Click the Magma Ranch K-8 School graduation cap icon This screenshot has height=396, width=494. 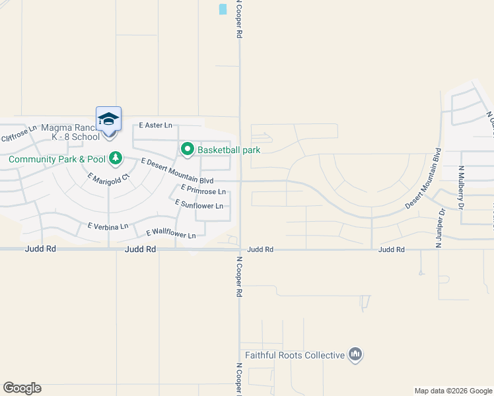108,119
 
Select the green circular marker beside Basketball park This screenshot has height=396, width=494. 187,150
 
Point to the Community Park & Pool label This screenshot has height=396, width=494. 57,159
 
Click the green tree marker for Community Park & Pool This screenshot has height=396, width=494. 116,158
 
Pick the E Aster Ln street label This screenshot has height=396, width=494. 155,125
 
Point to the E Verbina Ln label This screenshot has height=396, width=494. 108,226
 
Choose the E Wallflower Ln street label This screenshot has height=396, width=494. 171,234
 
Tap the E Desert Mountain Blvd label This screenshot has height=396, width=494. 178,171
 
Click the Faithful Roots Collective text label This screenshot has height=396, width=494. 295,355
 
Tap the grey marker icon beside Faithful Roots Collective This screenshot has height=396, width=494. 355,355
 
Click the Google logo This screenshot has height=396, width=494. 22,388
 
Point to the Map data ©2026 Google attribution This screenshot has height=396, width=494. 452,391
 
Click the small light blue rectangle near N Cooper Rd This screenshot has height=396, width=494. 223,9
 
